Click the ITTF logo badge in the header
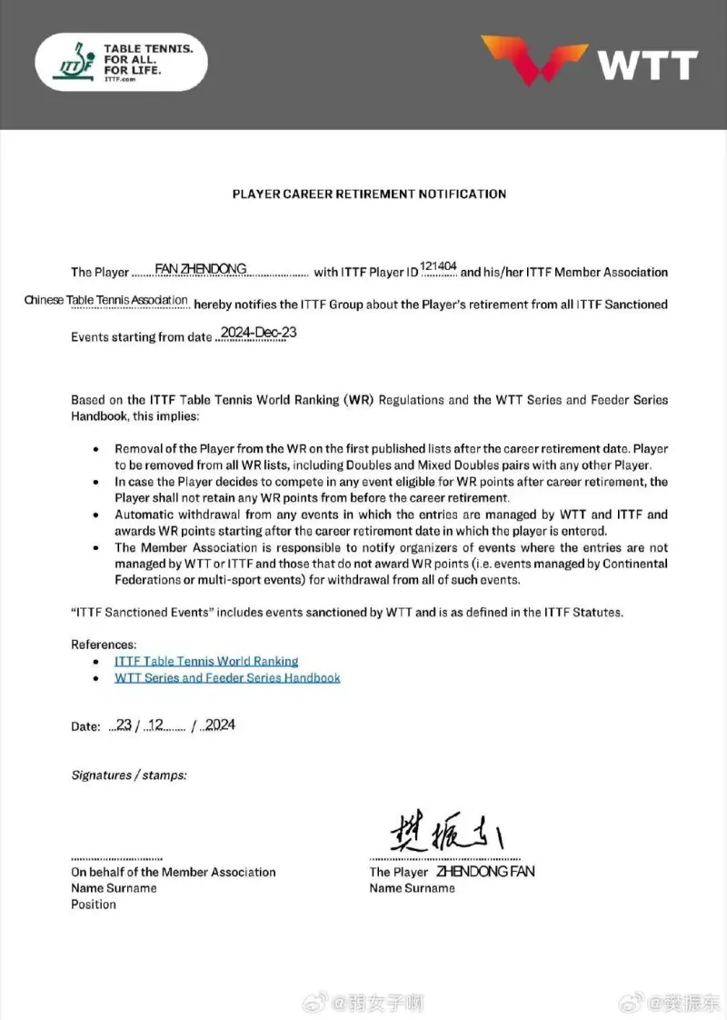tap(121, 62)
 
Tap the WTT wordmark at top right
tap(647, 65)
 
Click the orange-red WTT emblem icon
tap(534, 60)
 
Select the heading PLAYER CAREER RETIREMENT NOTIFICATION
tap(369, 194)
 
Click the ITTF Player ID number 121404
tap(439, 265)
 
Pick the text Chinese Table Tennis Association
tap(106, 301)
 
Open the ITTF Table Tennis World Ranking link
tap(206, 661)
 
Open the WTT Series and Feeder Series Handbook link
tap(227, 677)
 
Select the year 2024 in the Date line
tap(220, 725)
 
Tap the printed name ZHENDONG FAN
tap(485, 871)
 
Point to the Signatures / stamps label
tap(129, 775)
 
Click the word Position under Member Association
tap(94, 905)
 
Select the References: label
tap(104, 645)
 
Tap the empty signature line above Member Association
tap(116, 858)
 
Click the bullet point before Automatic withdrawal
tap(97, 515)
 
